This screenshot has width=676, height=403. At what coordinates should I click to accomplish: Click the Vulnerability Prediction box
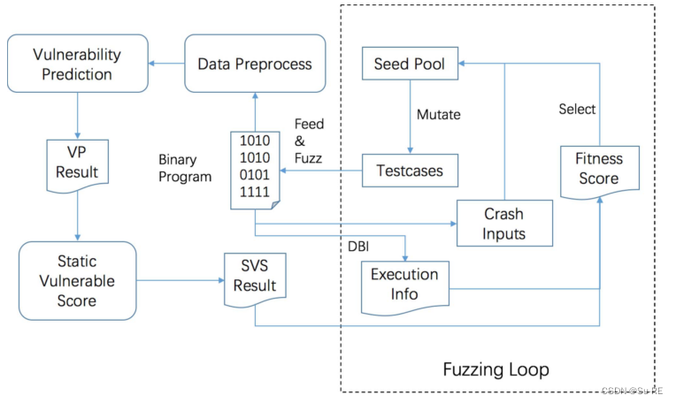77,64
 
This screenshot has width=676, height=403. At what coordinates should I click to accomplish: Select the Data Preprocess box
254,64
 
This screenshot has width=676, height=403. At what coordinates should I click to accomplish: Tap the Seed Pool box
410,64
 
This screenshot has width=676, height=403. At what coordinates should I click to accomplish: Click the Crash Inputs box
503,224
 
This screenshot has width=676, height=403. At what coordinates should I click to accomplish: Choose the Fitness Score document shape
599,169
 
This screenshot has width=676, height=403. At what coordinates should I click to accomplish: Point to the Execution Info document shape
403,285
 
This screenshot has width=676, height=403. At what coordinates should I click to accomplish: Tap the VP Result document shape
77,160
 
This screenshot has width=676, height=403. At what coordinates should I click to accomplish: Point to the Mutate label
439,114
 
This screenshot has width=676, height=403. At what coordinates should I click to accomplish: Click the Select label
577,109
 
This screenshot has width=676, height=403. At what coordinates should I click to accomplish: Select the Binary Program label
185,168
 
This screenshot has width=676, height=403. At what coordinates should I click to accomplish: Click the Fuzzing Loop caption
495,369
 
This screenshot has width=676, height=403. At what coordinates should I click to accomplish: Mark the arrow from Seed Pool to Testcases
410,115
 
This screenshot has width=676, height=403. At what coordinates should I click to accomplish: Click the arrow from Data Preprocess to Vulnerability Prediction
165,64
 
